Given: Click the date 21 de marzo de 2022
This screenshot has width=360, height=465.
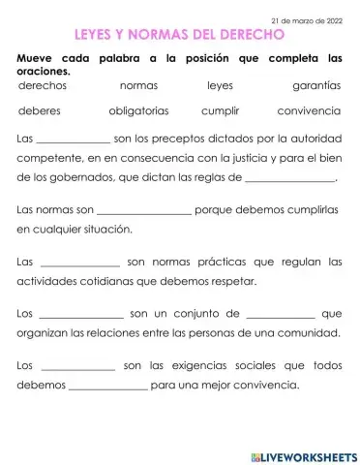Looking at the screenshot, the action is coord(307,19).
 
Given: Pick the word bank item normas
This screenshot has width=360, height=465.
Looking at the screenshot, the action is coord(138,86).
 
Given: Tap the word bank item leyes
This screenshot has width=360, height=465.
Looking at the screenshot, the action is coord(221,86).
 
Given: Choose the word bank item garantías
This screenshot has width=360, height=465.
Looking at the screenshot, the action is coord(315,86).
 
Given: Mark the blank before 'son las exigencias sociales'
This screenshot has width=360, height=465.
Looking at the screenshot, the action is coord(78,368).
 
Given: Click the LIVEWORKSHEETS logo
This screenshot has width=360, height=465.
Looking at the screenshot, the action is coord(304,455).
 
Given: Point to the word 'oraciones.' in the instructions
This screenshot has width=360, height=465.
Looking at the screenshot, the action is coord(48,70).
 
